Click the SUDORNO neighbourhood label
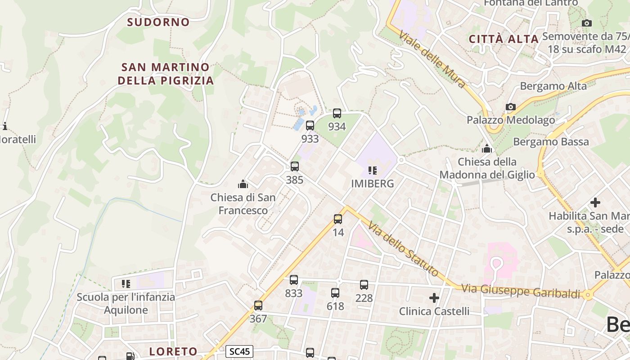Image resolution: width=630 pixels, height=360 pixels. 158,22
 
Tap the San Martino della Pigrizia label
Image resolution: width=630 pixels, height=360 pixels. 165,74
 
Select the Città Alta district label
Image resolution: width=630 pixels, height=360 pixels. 504,39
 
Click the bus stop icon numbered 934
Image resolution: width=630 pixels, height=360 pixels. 337,113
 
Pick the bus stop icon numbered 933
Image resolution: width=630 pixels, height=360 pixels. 310,126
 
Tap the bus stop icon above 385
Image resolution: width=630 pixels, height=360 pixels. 295,166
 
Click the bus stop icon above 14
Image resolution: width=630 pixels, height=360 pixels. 338,219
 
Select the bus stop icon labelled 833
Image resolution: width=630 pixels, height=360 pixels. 294,280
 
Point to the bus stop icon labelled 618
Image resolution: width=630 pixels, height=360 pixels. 335,293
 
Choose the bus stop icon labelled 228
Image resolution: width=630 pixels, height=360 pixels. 364,285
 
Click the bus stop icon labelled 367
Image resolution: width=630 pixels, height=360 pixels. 258,306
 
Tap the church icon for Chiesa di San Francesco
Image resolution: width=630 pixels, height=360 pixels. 243,184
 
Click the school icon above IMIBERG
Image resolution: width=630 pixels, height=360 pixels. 372,171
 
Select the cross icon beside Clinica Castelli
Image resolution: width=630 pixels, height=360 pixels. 434,298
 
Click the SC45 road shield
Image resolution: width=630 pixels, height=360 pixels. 239,351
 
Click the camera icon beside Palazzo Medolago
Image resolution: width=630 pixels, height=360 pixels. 510,107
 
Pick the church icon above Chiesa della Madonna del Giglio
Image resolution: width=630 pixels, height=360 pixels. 487,148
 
